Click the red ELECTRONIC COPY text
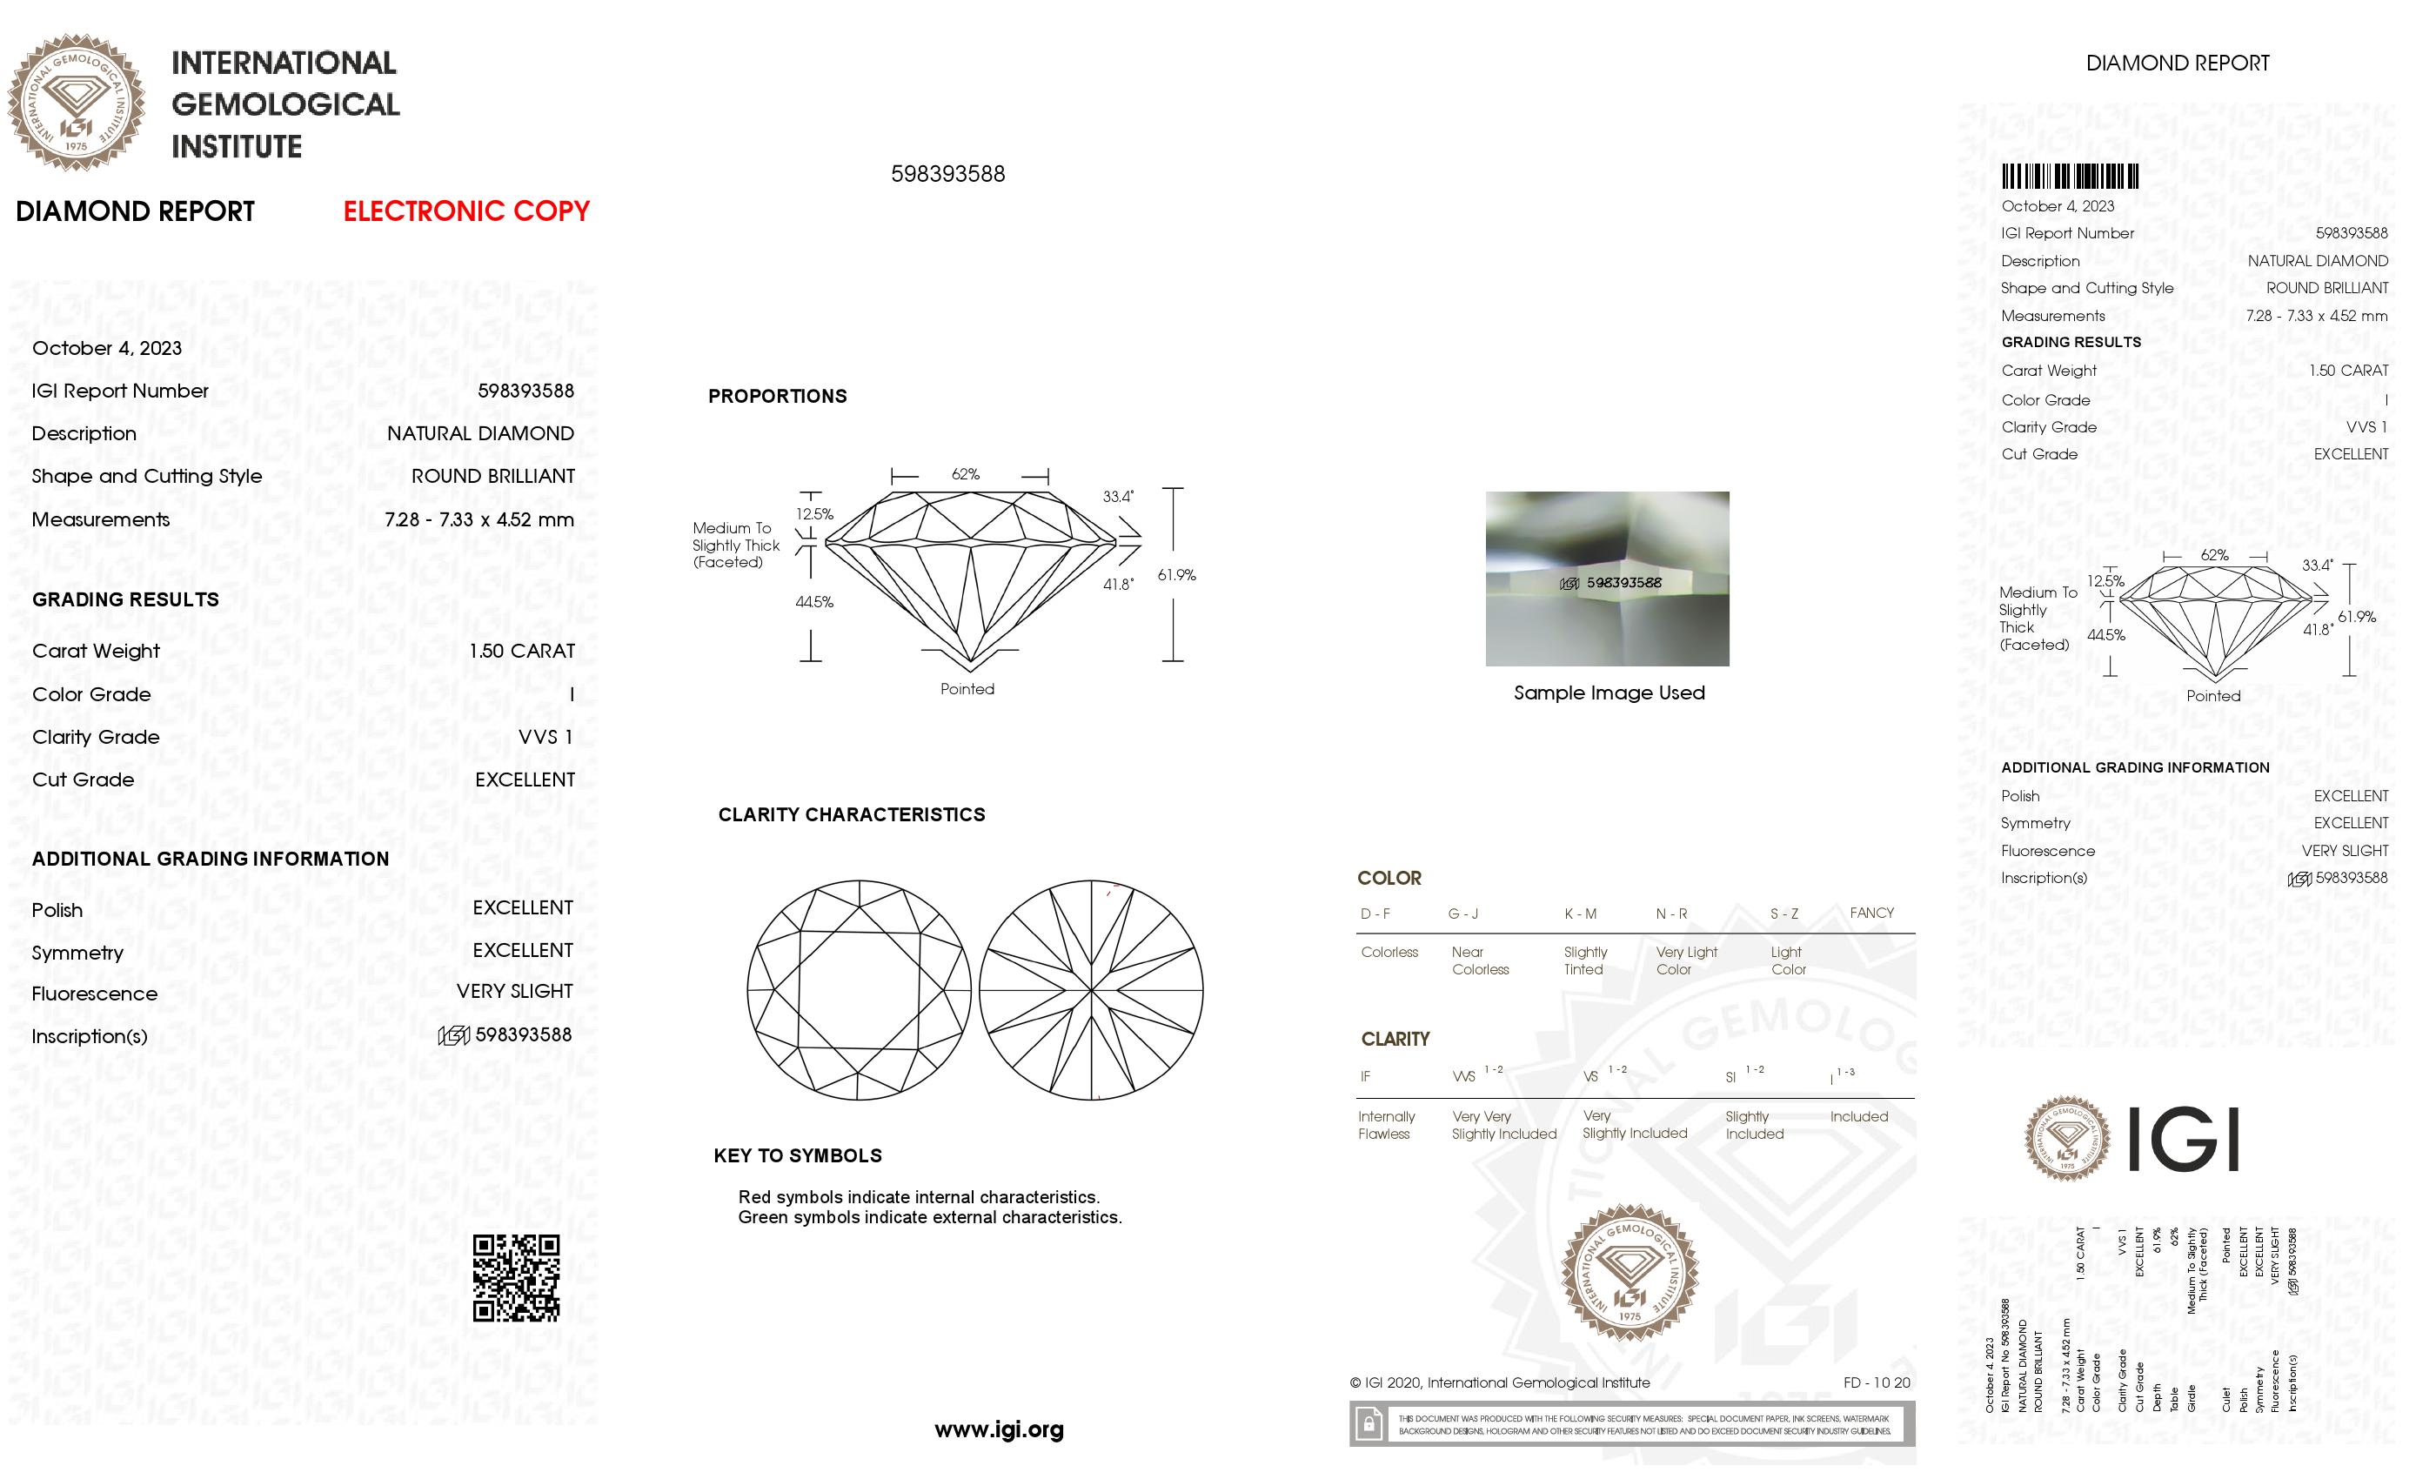point(465,211)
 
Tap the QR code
point(516,1277)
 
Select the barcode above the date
point(2069,177)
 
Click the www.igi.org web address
point(999,1429)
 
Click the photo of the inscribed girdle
point(1607,579)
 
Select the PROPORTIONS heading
point(777,397)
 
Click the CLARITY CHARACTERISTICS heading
point(851,814)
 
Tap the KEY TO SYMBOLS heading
point(797,1155)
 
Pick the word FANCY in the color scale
point(1871,913)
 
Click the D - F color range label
point(1375,913)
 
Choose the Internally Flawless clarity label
point(1386,1125)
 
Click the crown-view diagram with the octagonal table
point(858,990)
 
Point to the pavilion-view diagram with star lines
point(1092,990)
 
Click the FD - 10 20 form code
point(1877,1382)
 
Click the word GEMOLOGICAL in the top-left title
point(285,104)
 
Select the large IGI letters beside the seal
point(2183,1140)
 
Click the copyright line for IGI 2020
point(1500,1383)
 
